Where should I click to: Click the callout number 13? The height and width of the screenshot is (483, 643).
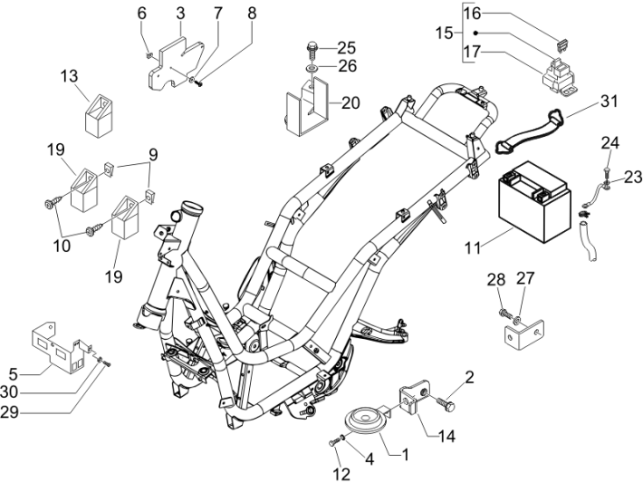point(70,76)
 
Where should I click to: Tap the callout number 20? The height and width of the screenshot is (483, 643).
point(350,103)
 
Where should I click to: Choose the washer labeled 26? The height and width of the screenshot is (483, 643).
point(312,67)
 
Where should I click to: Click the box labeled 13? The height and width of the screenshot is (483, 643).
point(99,116)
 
